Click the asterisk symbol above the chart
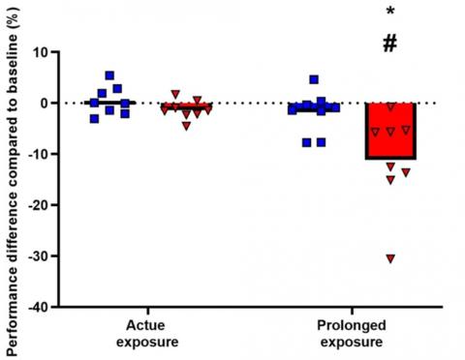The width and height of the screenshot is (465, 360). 390,12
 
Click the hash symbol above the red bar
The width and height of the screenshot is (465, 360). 390,43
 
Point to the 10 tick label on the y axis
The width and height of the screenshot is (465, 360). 39,51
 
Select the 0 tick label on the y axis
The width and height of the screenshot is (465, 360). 43,103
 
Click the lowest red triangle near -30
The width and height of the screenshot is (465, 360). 390,258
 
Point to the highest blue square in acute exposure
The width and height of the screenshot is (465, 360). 109,75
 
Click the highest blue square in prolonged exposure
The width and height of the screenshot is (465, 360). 314,79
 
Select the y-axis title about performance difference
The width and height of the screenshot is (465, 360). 11,180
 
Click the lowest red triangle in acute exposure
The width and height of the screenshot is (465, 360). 186,125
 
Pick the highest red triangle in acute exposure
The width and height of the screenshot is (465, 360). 175,94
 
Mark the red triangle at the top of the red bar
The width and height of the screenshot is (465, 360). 391,105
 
